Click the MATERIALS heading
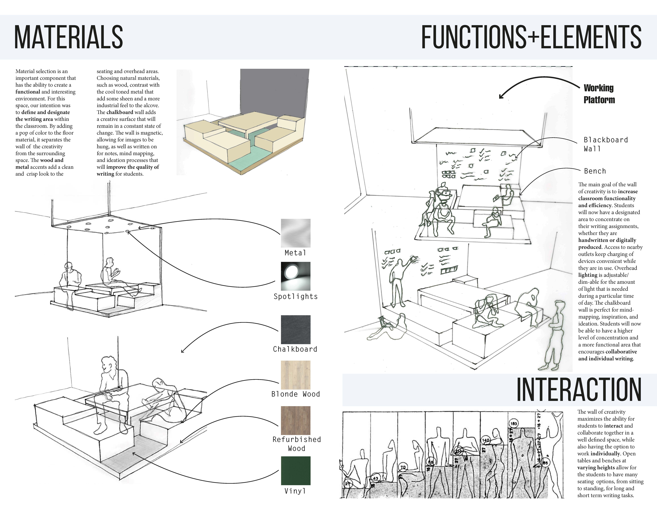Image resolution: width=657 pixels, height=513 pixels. (x=69, y=37)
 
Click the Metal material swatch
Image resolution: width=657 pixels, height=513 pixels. (x=295, y=233)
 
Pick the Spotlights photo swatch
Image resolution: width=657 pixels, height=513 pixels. (x=295, y=276)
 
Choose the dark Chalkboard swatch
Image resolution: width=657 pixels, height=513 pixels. (x=295, y=329)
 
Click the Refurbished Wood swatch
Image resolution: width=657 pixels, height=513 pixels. (x=295, y=420)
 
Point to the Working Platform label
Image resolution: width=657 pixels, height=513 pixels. (x=599, y=94)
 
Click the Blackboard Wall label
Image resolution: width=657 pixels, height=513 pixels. (x=606, y=144)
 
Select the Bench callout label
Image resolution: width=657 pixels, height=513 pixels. (x=595, y=171)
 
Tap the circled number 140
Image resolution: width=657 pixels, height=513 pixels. (x=486, y=440)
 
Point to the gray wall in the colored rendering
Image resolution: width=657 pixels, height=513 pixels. (x=274, y=93)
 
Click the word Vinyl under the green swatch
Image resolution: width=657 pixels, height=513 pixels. (x=295, y=491)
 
